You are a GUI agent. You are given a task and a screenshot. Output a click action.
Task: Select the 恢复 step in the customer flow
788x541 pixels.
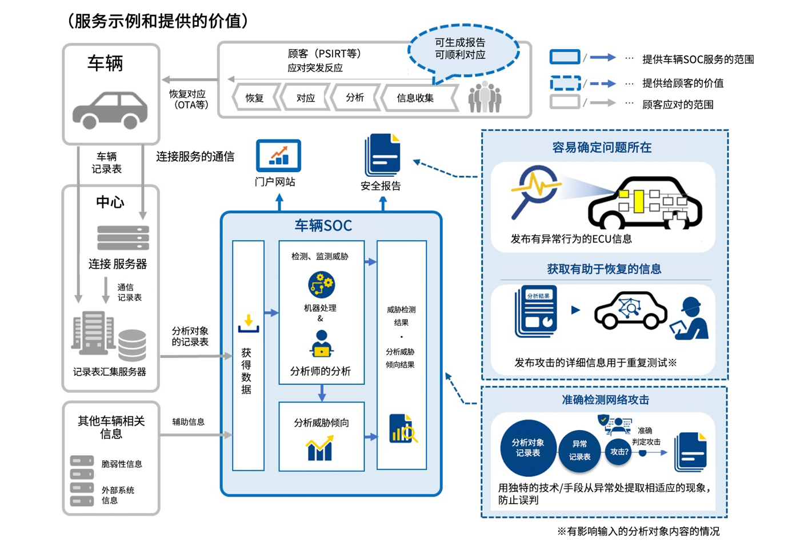255,98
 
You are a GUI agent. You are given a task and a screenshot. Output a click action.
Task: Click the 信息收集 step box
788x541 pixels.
415,98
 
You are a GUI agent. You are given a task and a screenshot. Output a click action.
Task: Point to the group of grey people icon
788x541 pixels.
485,97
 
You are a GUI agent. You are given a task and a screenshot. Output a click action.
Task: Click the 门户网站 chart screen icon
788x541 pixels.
278,156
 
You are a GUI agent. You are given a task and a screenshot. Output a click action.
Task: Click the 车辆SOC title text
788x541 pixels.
323,225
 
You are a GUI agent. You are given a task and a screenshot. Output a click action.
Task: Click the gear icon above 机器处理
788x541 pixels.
321,284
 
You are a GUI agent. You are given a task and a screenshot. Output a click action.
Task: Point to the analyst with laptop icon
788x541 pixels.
321,344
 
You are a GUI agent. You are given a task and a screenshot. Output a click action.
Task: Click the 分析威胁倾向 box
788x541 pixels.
321,437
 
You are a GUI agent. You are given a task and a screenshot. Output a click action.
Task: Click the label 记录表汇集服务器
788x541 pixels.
109,372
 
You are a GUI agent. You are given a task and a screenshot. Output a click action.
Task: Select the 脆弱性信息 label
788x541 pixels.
122,464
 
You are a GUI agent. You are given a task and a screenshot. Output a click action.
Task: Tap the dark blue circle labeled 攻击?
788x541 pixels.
619,452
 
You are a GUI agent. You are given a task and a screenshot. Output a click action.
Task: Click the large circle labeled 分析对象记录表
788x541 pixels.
527,448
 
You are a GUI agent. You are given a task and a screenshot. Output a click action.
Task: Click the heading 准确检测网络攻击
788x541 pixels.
605,400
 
